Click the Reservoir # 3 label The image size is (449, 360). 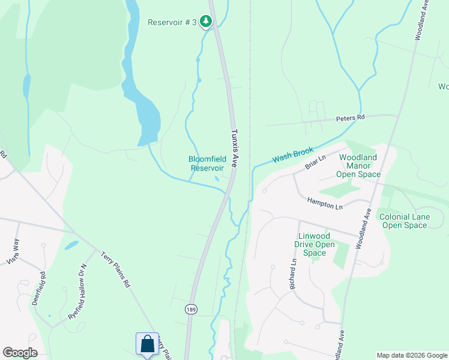coord(172,22)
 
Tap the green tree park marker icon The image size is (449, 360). coord(206,22)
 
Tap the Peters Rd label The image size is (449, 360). coord(350,118)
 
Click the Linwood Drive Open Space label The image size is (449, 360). coord(315,244)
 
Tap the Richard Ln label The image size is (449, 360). coord(294,275)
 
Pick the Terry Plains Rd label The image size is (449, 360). coord(115,271)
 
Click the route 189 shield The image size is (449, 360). coord(190,309)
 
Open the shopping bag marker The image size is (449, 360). coord(147,344)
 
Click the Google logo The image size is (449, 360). coord(20,353)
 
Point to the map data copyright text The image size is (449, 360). coord(412,355)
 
